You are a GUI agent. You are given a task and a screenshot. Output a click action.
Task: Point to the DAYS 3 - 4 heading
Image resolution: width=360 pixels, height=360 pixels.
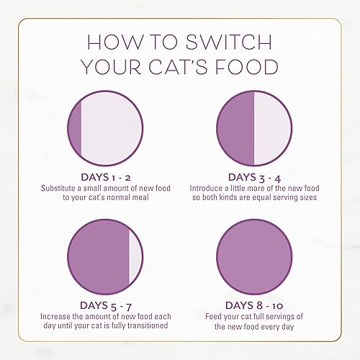(255, 176)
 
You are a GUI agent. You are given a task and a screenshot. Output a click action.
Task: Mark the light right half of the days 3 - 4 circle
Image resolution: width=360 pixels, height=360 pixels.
(271, 129)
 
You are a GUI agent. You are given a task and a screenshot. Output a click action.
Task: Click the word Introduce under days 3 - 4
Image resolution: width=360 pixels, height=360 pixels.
(209, 188)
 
